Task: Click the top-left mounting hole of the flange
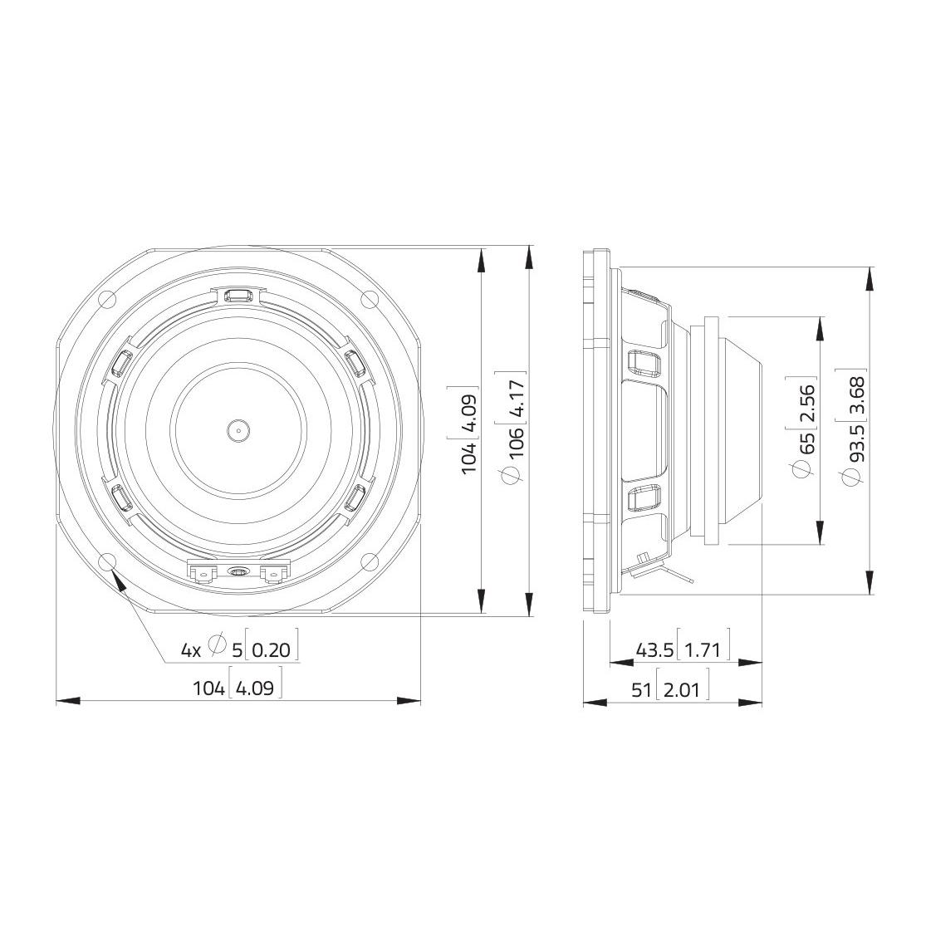(x=107, y=300)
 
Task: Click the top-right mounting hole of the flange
(x=369, y=300)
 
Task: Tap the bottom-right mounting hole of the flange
(x=369, y=561)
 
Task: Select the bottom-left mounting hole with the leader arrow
(x=107, y=561)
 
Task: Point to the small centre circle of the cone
(x=238, y=430)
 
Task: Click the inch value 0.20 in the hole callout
(x=271, y=650)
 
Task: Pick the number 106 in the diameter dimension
(x=516, y=440)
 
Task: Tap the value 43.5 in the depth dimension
(x=654, y=650)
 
